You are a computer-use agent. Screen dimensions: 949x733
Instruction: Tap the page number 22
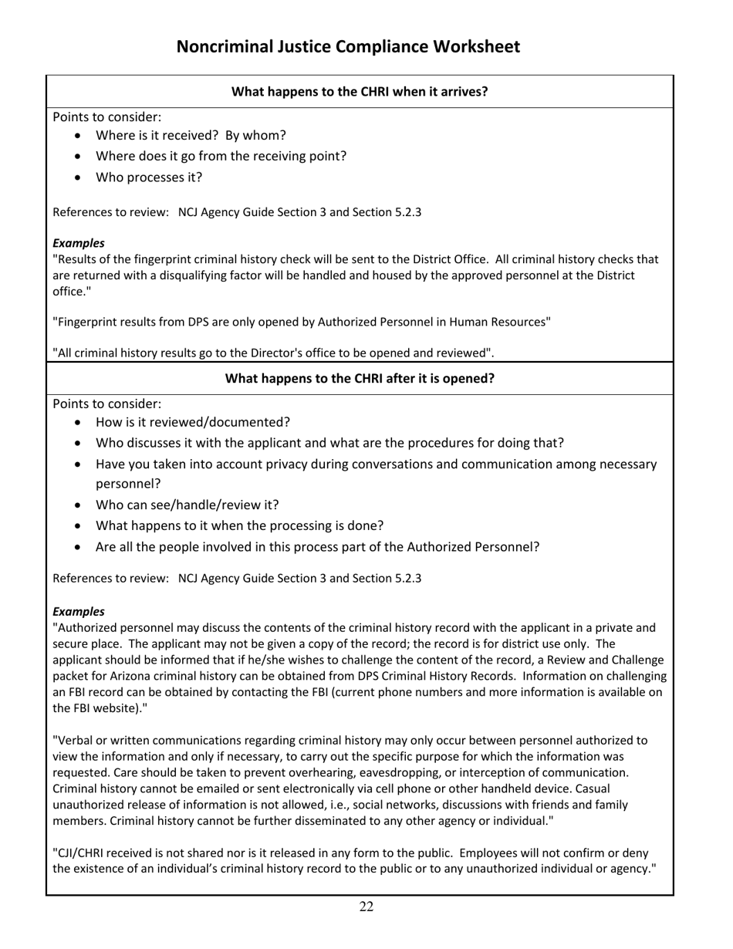click(x=366, y=907)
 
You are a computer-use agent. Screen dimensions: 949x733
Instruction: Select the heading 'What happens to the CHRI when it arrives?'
click(x=360, y=91)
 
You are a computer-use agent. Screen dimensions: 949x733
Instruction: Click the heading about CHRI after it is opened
click(x=360, y=378)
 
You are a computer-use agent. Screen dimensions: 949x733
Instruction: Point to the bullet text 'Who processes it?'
click(x=149, y=177)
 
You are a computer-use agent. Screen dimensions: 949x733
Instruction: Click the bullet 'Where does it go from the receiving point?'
click(x=221, y=156)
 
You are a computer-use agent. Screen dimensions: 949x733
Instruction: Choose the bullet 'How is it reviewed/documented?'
click(x=193, y=422)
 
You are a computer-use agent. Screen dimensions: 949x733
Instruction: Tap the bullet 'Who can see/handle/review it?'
click(x=187, y=505)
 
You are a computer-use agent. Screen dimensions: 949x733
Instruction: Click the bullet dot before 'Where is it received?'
click(x=81, y=136)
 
